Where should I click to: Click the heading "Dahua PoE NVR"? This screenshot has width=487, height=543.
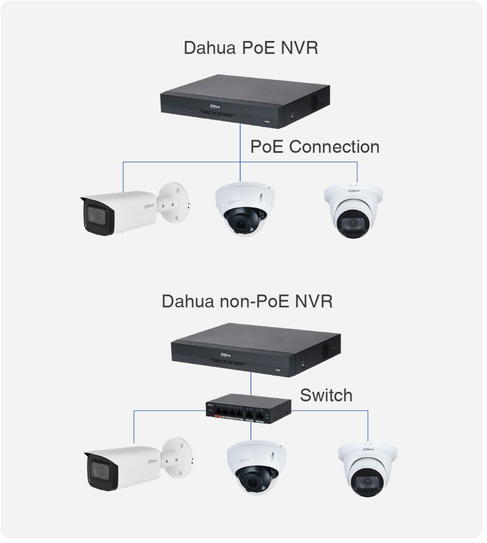pyautogui.click(x=251, y=48)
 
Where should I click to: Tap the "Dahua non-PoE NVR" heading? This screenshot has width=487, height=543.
pyautogui.click(x=247, y=301)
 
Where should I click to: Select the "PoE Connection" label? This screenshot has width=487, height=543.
pyautogui.click(x=314, y=147)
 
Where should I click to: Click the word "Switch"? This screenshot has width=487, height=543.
pyautogui.click(x=326, y=395)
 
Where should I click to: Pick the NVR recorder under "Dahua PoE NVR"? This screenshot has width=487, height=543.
pyautogui.click(x=245, y=101)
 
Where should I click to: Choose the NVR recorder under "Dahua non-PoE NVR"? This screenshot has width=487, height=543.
pyautogui.click(x=256, y=349)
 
